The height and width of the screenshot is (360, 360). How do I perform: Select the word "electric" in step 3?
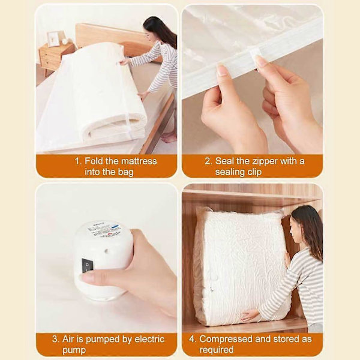point(149,339)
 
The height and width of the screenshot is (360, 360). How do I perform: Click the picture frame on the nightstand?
point(53,39)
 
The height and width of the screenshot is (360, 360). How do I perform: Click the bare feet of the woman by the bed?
point(168,137)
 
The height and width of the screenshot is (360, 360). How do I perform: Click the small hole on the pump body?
point(107,251)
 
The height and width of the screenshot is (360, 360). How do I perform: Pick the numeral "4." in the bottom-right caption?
point(193,339)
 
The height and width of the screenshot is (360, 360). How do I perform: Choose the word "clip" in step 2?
point(254,172)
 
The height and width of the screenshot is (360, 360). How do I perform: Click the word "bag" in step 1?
point(125,172)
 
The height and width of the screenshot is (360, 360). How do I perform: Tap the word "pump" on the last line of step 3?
point(74,350)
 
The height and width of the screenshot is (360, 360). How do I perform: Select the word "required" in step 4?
point(217,350)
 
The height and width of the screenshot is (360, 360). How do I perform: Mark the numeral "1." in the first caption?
point(78,161)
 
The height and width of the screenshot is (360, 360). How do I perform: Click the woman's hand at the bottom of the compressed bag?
point(250,316)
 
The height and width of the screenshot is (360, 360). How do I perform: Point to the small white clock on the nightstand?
point(65,41)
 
